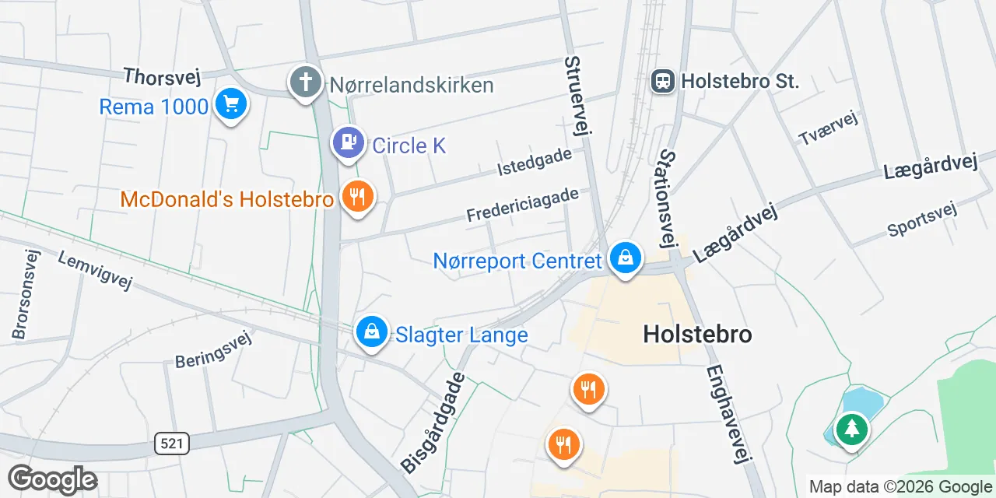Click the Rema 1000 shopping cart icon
tap(230, 103)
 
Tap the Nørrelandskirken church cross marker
tap(306, 82)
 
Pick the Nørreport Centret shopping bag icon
tap(625, 257)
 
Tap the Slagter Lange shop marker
tap(372, 332)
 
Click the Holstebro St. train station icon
tap(663, 80)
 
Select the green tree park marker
tap(852, 428)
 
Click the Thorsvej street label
tap(162, 77)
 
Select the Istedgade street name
tap(535, 161)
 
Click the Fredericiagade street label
tap(522, 205)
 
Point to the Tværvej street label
tap(828, 128)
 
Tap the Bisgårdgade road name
tap(433, 423)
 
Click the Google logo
tap(52, 479)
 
